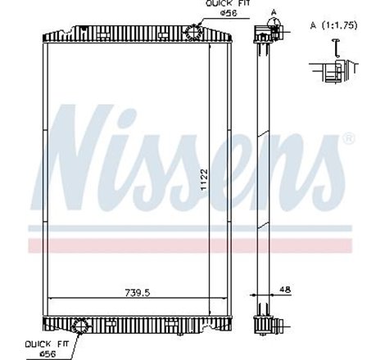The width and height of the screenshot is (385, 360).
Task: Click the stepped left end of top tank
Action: [x=43, y=37]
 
